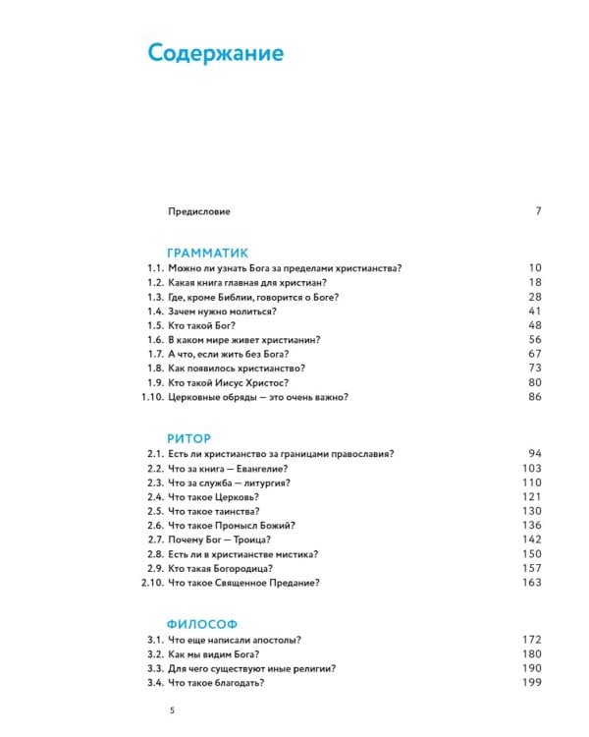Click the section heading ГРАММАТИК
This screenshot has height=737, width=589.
(x=208, y=252)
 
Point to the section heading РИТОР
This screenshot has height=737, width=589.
(x=190, y=437)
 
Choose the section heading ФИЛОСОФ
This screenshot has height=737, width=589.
(x=202, y=624)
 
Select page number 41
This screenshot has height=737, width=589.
(x=535, y=311)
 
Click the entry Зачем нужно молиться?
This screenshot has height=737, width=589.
(x=220, y=311)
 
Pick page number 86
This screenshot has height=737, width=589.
(x=535, y=396)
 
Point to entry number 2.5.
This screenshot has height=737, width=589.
(x=155, y=511)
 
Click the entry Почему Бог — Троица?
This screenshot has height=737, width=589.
(x=220, y=539)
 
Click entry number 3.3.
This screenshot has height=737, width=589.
(x=155, y=668)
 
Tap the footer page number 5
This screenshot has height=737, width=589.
(x=173, y=710)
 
